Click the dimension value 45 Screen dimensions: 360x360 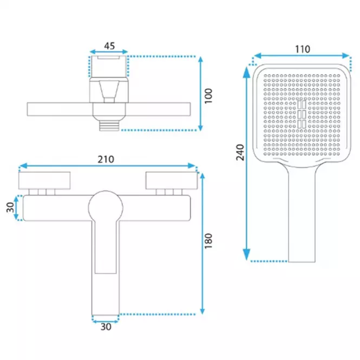(109, 46)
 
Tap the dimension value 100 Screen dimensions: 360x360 (208, 96)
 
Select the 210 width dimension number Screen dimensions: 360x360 (106, 159)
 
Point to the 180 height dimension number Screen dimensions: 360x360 (208, 241)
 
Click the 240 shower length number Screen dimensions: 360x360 (240, 152)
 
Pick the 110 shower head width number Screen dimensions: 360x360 (303, 49)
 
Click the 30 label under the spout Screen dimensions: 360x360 (106, 327)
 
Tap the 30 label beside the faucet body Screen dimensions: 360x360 (10, 207)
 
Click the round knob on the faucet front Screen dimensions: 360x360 (106, 208)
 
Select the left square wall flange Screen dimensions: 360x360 (44, 180)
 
